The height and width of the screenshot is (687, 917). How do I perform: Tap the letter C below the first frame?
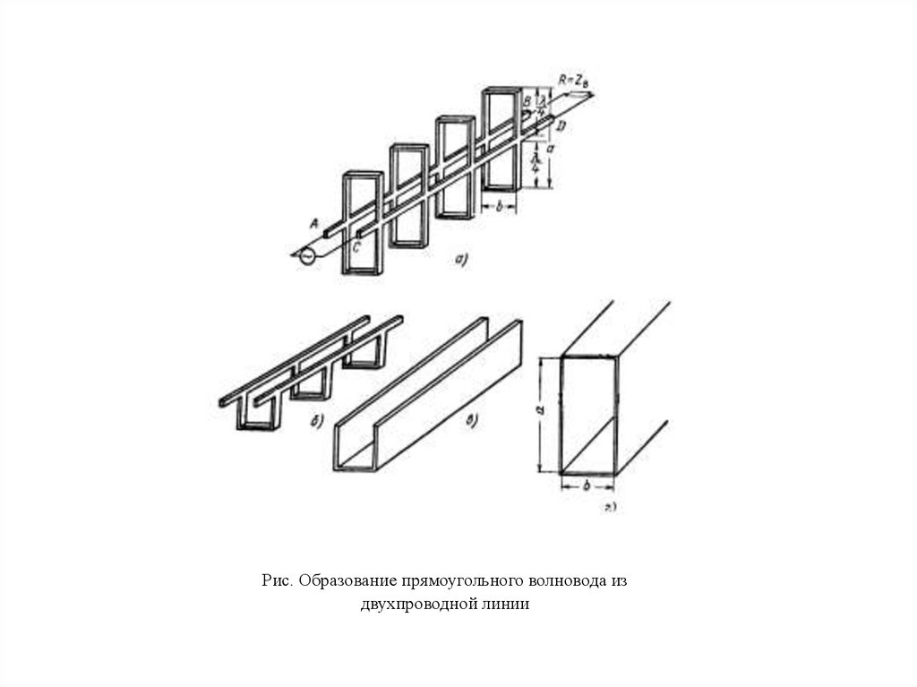[356, 250]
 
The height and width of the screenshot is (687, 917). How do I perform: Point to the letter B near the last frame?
[527, 99]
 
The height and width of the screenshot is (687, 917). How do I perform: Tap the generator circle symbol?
[306, 256]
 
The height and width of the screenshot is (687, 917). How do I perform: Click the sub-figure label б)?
[318, 422]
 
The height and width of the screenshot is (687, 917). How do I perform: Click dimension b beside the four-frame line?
[500, 206]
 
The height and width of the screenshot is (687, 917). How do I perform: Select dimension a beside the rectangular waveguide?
[539, 410]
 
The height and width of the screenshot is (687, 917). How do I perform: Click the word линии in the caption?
[508, 605]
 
